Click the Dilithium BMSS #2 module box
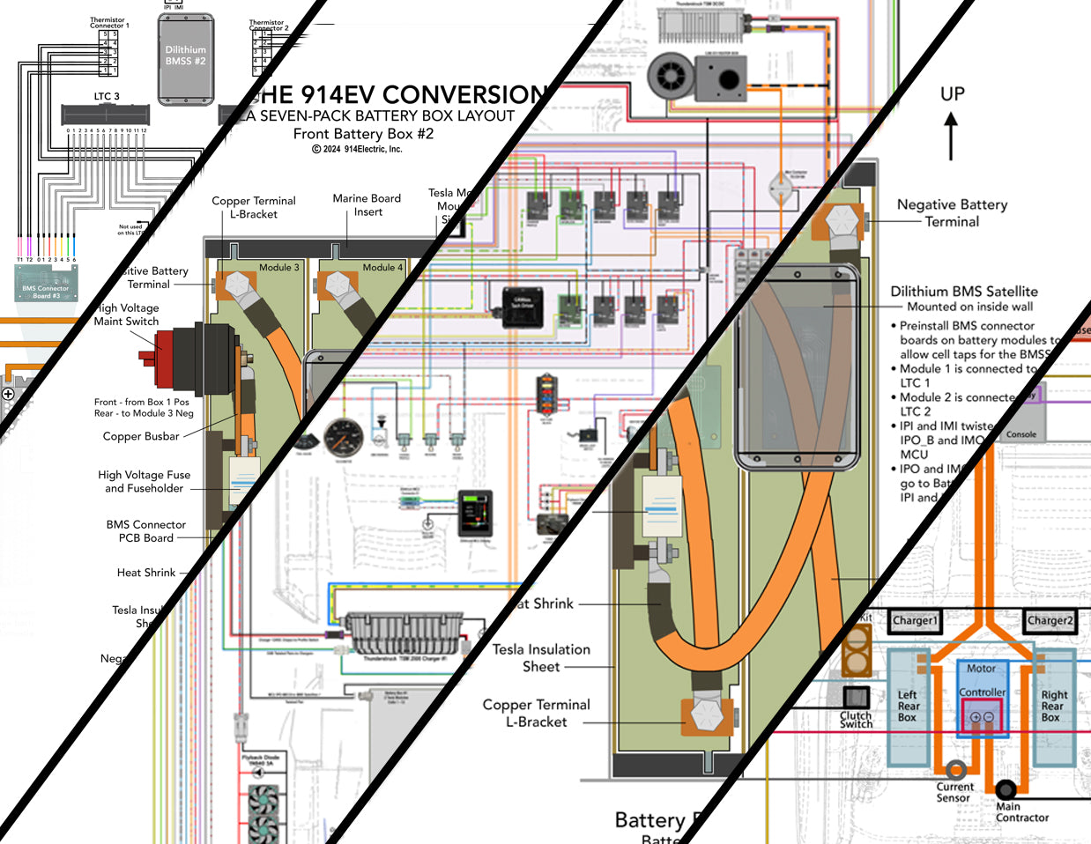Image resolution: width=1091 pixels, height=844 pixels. (x=186, y=57)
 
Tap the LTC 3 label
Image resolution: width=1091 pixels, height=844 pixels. (x=107, y=96)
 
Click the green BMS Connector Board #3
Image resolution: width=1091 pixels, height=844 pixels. (x=46, y=284)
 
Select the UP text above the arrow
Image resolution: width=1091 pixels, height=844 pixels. (x=952, y=93)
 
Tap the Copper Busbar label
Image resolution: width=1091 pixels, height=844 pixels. (x=141, y=436)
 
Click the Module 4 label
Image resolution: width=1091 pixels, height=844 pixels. (x=382, y=267)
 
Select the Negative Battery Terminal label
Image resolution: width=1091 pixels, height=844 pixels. (x=952, y=212)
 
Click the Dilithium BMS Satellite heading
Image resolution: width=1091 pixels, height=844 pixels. (x=963, y=292)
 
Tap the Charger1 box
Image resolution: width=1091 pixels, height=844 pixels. (x=915, y=620)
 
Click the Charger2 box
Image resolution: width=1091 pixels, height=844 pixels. (x=1050, y=620)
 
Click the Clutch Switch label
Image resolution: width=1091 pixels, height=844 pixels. (x=856, y=719)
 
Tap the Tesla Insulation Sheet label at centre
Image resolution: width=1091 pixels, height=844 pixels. (x=541, y=658)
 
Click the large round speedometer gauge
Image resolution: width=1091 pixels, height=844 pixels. (x=343, y=438)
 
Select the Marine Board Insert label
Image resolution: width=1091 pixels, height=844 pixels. (x=367, y=204)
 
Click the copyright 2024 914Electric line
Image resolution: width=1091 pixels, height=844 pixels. (x=356, y=149)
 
